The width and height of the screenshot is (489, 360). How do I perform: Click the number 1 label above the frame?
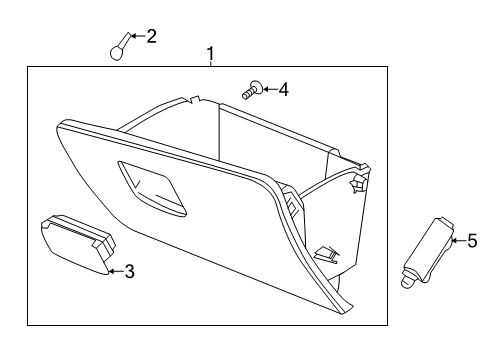(210, 52)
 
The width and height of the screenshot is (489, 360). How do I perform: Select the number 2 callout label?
(152, 37)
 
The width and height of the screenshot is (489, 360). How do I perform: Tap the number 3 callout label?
(129, 270)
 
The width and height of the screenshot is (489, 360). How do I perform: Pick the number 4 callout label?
(283, 90)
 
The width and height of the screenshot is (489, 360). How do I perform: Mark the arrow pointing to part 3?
(115, 270)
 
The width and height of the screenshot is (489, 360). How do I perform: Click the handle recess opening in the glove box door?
(150, 189)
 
